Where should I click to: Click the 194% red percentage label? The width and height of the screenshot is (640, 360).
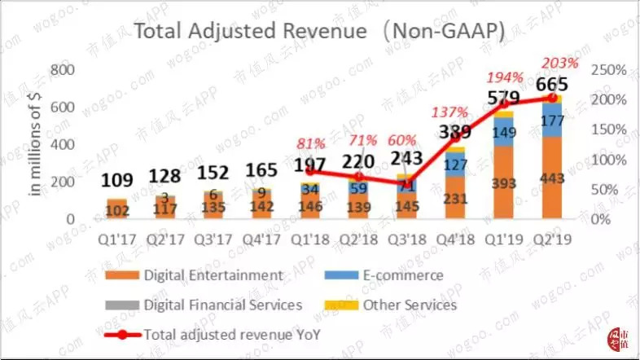[505, 78]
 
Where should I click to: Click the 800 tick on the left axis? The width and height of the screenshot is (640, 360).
[61, 69]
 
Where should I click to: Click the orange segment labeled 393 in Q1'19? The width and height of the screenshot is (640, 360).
[505, 182]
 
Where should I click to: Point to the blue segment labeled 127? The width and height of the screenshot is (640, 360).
[456, 165]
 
